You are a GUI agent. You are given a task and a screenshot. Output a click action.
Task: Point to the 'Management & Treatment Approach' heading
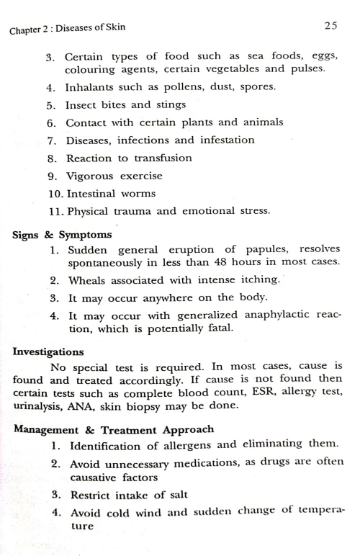(x=93, y=429)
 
